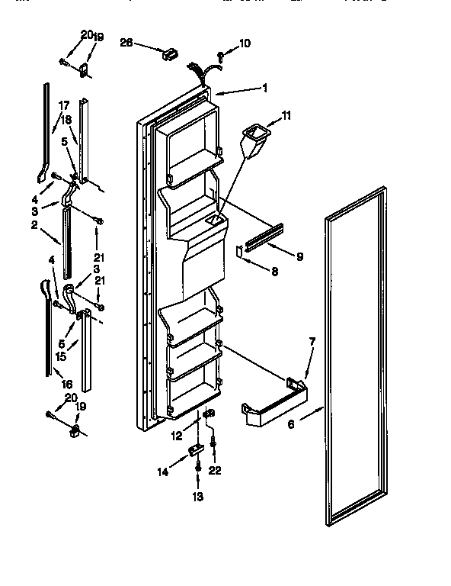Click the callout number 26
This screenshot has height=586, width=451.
coord(126,43)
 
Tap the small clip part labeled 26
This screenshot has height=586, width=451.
coord(169,53)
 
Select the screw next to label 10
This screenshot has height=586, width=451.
coord(219,55)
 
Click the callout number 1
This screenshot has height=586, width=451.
coord(264,88)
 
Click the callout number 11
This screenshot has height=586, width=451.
coord(286,115)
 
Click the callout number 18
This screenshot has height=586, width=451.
coord(66,119)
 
